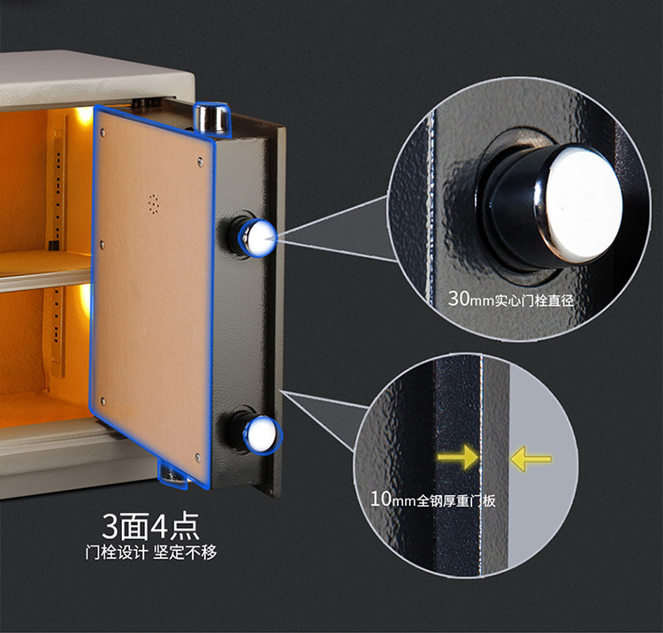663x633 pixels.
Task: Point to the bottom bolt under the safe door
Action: coord(173,474)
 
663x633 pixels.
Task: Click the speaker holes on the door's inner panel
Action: coord(155,204)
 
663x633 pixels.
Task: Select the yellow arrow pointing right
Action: coord(458,457)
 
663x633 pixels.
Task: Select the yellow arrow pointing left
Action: coord(530,458)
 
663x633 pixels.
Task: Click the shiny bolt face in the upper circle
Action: coord(583,204)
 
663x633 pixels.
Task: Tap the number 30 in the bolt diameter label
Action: coord(458,298)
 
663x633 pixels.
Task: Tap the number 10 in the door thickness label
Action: coord(381,499)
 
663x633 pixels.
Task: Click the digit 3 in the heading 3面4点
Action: coord(110,527)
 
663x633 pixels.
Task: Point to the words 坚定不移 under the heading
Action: coord(185,553)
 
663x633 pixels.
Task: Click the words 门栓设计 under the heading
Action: coord(117,553)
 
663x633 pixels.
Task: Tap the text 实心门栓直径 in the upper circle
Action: coord(534,301)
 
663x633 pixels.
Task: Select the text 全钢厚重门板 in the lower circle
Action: coord(456,501)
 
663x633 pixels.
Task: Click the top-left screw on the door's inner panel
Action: coord(103,133)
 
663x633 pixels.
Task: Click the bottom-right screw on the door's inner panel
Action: coord(198,456)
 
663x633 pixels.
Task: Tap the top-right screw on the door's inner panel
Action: coord(200,161)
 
